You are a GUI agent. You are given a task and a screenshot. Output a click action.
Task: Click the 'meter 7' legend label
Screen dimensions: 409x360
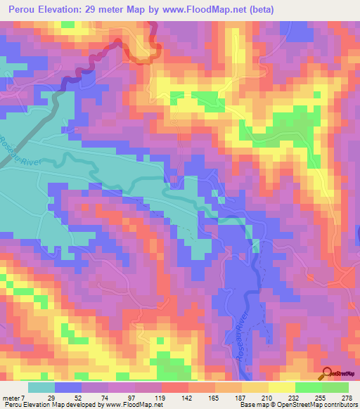tap(13, 397)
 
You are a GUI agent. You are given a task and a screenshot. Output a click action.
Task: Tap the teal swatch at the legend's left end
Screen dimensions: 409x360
tap(41, 387)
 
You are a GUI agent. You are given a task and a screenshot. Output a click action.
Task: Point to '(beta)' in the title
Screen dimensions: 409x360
tap(259, 10)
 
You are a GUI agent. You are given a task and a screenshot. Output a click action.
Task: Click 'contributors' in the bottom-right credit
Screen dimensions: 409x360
tap(337, 405)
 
